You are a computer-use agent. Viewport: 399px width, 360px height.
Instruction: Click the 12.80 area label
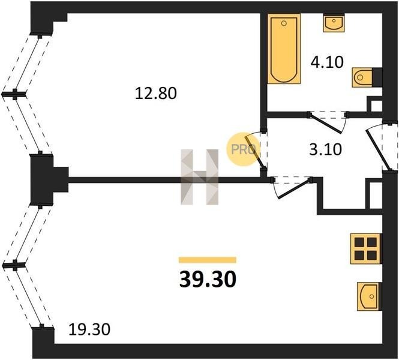155,93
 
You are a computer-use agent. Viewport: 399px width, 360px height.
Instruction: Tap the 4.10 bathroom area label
327,62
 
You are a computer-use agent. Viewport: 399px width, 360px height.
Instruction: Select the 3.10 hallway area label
325,149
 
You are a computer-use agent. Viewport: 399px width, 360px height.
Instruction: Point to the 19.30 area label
89,329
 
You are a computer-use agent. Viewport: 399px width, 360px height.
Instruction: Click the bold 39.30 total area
208,280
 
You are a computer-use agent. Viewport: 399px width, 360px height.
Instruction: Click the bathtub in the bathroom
284,49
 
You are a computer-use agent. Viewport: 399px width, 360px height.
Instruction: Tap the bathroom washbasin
334,23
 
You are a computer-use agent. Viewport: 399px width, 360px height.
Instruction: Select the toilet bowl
362,77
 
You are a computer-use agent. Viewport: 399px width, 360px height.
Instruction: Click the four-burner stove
366,248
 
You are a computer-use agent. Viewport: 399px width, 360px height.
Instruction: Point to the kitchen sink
370,296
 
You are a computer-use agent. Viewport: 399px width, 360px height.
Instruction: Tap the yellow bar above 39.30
208,260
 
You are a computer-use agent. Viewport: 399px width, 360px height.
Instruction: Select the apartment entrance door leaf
378,150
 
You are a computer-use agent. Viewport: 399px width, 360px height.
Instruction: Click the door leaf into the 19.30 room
295,189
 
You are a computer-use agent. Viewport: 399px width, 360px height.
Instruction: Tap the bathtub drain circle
284,23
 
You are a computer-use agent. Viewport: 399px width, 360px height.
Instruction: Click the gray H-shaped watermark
199,177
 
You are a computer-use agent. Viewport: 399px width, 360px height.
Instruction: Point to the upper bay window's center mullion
14,94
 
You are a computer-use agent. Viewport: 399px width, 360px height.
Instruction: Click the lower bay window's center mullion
14,265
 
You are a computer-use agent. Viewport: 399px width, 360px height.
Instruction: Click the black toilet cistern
377,77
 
